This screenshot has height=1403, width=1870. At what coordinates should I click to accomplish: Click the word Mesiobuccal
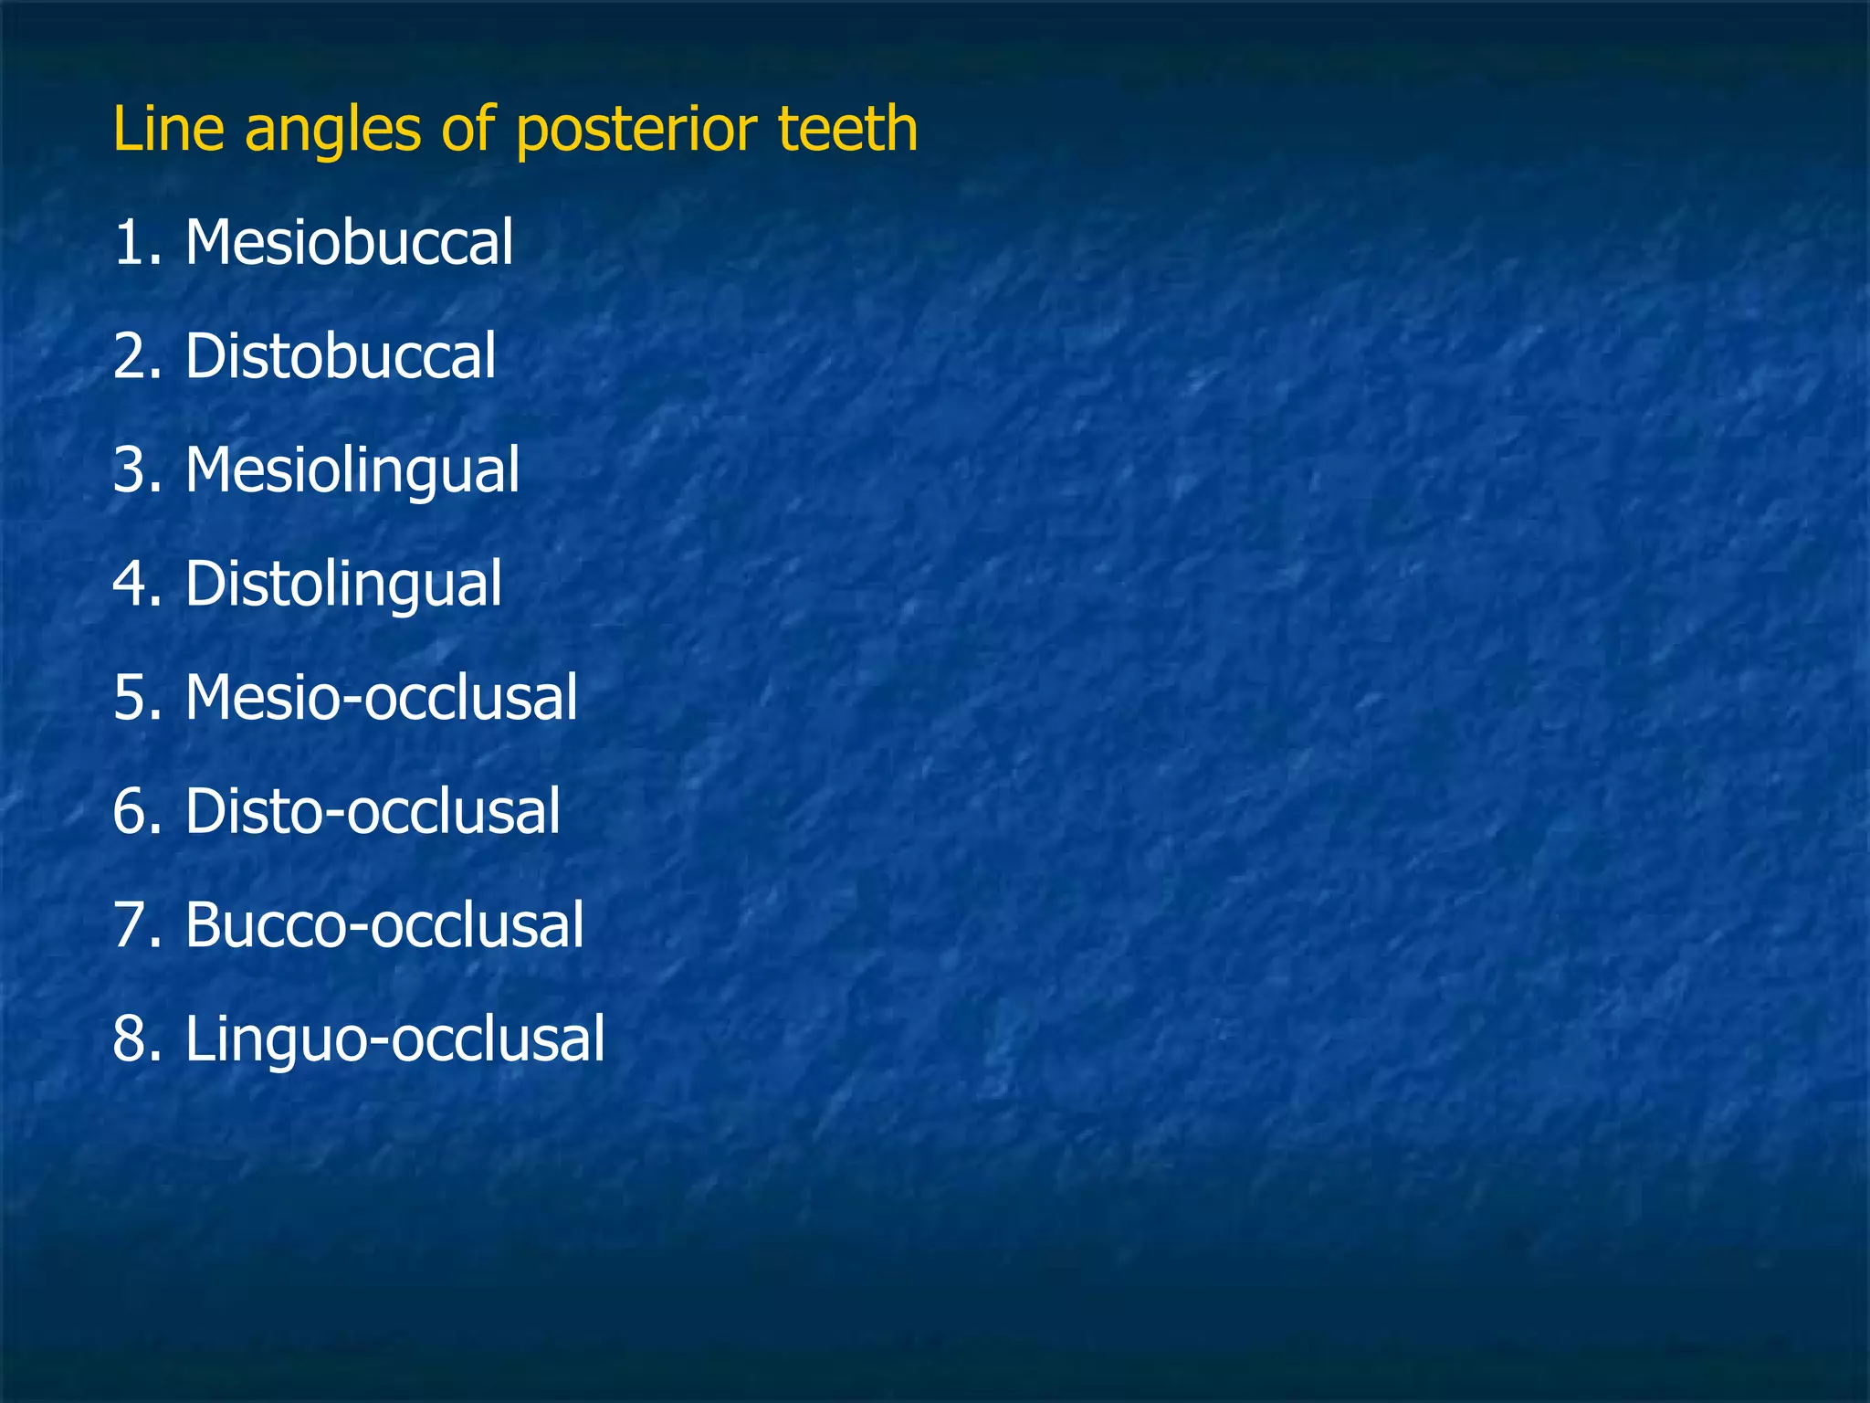point(349,243)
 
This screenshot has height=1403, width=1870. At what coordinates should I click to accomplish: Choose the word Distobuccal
point(341,356)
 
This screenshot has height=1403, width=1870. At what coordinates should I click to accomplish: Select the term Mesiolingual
point(352,471)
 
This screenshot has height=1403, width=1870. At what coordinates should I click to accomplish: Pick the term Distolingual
point(343,585)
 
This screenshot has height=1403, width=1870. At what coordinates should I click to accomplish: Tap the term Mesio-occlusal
point(381,698)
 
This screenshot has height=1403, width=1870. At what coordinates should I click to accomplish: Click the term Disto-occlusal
point(373,811)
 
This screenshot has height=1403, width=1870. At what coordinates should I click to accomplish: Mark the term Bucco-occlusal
point(384,925)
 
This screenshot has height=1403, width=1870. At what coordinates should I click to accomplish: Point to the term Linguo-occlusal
point(394,1039)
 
